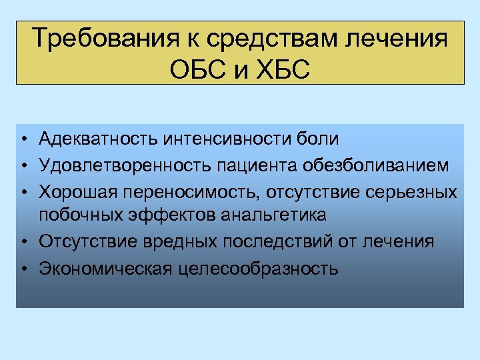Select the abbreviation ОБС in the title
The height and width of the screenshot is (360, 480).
point(199,69)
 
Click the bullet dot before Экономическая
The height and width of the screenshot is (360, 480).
point(23,269)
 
